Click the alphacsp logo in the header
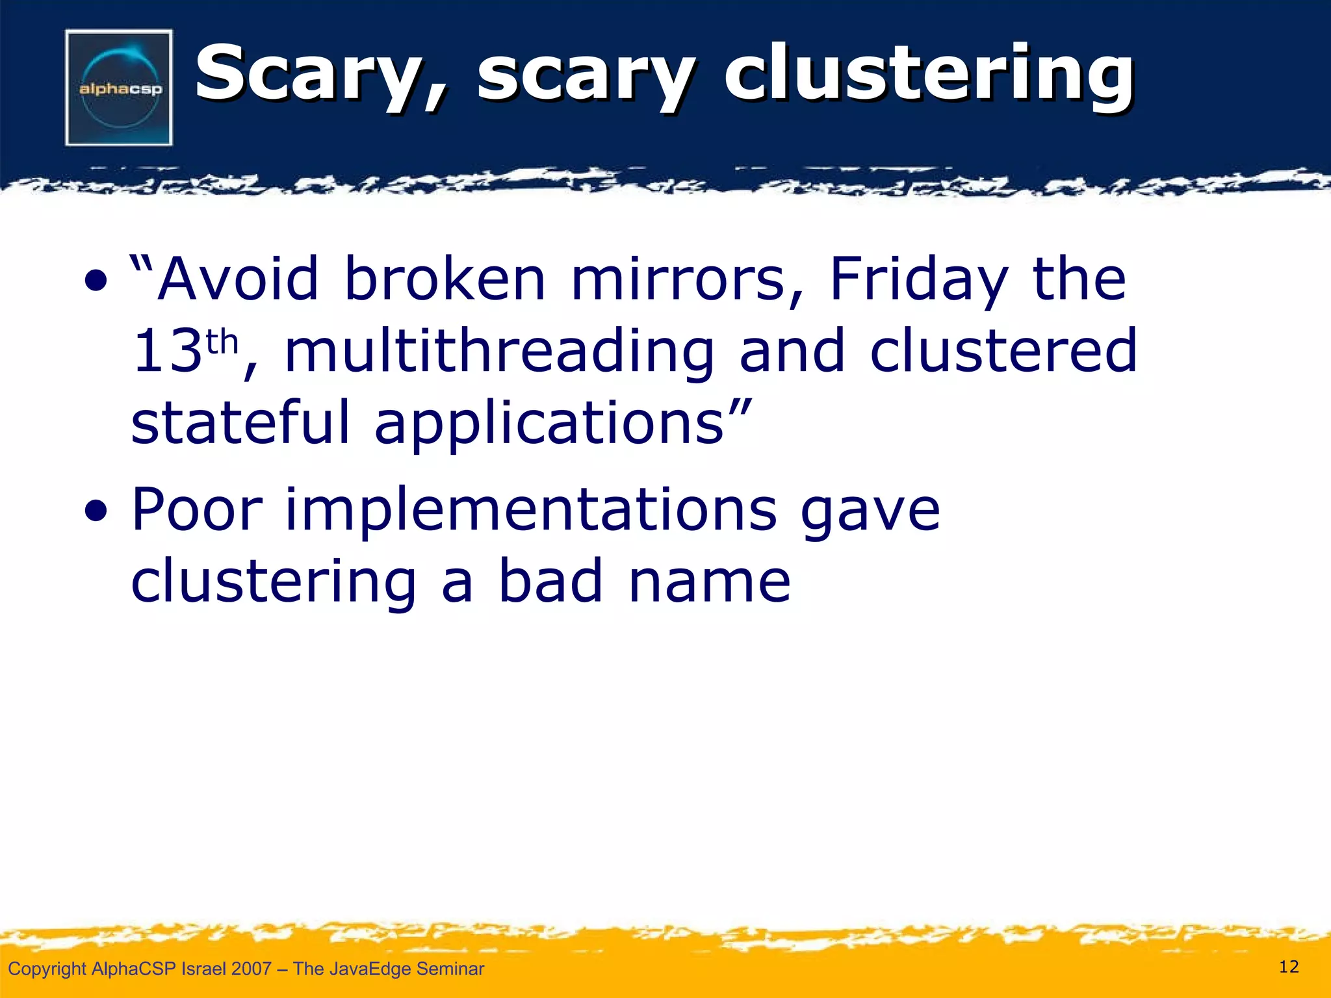(x=119, y=88)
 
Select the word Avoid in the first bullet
(x=239, y=279)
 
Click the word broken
(x=445, y=279)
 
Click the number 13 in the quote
(x=166, y=352)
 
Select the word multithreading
(x=499, y=352)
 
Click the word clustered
(x=1003, y=352)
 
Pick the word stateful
(x=240, y=423)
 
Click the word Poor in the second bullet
(x=197, y=511)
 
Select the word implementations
(x=531, y=511)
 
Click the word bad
(x=550, y=581)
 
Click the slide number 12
(x=1289, y=967)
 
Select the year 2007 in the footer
(x=251, y=969)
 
